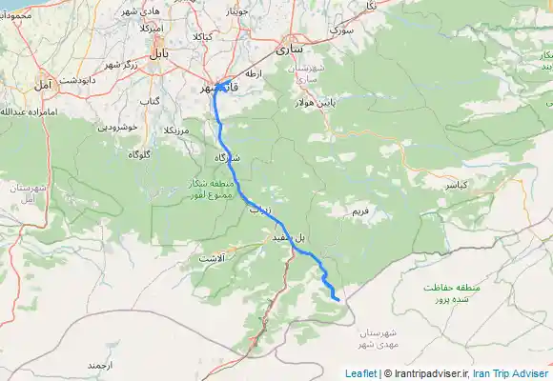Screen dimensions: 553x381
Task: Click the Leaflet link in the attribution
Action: click(360, 373)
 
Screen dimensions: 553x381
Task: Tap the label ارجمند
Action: click(99, 365)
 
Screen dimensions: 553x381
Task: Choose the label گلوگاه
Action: click(139, 153)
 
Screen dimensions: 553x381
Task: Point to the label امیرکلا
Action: click(153, 30)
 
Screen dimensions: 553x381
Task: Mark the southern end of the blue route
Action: click(339, 300)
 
